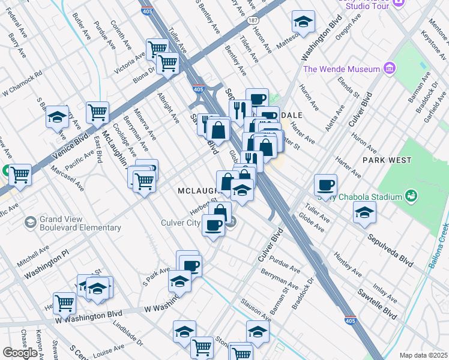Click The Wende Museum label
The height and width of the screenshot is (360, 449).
click(x=342, y=69)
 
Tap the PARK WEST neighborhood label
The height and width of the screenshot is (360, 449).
click(x=387, y=160)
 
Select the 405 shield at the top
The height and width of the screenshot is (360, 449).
click(x=146, y=10)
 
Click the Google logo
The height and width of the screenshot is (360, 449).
click(x=20, y=353)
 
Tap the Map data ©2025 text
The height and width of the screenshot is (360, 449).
click(x=423, y=355)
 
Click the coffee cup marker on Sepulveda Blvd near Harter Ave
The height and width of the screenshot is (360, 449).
click(x=325, y=184)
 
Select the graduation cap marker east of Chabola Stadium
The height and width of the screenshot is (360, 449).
click(x=364, y=212)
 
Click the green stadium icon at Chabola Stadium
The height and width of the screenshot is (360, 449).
click(x=411, y=196)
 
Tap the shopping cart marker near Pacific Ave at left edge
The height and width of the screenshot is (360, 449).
click(x=20, y=175)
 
